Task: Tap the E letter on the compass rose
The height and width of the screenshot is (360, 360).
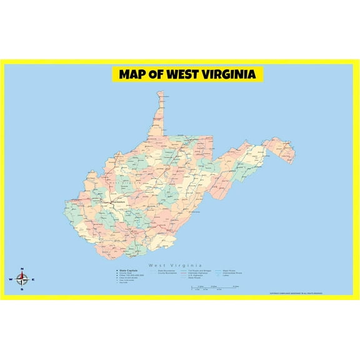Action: pos(33,279)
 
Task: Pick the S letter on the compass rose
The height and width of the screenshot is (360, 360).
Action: pos(22,289)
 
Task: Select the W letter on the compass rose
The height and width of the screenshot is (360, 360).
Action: pos(11,279)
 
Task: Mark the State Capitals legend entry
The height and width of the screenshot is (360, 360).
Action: pos(125,270)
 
